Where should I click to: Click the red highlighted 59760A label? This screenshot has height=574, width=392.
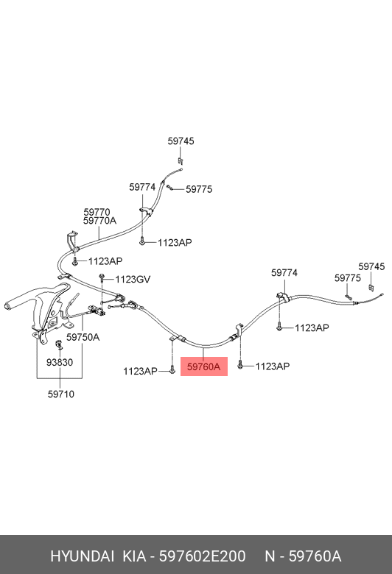click(x=204, y=366)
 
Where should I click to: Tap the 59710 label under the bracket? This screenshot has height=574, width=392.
click(x=61, y=394)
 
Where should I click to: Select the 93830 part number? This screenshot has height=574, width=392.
click(x=60, y=362)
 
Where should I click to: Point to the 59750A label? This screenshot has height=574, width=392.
click(x=83, y=337)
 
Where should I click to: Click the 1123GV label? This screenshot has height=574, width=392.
click(x=133, y=280)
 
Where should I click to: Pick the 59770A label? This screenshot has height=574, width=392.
click(x=99, y=221)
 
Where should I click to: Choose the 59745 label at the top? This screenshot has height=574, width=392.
click(x=181, y=141)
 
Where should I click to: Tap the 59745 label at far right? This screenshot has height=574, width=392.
click(x=371, y=266)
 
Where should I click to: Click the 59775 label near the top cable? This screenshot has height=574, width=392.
click(x=199, y=189)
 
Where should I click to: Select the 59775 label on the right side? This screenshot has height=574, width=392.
click(x=348, y=278)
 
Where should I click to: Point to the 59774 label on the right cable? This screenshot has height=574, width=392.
click(x=284, y=273)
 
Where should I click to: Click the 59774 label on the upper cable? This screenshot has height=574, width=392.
click(x=142, y=187)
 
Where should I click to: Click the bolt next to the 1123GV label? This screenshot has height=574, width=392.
click(x=102, y=279)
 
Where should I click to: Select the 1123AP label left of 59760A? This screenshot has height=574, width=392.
click(x=140, y=371)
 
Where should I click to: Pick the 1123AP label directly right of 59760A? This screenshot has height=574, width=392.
click(x=273, y=366)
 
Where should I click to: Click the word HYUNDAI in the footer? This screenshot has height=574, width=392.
click(x=82, y=556)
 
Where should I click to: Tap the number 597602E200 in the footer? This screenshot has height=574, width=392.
click(x=202, y=556)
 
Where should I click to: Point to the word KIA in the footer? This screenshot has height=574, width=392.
click(x=134, y=556)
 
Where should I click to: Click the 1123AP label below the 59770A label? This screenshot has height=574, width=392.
click(x=105, y=261)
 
